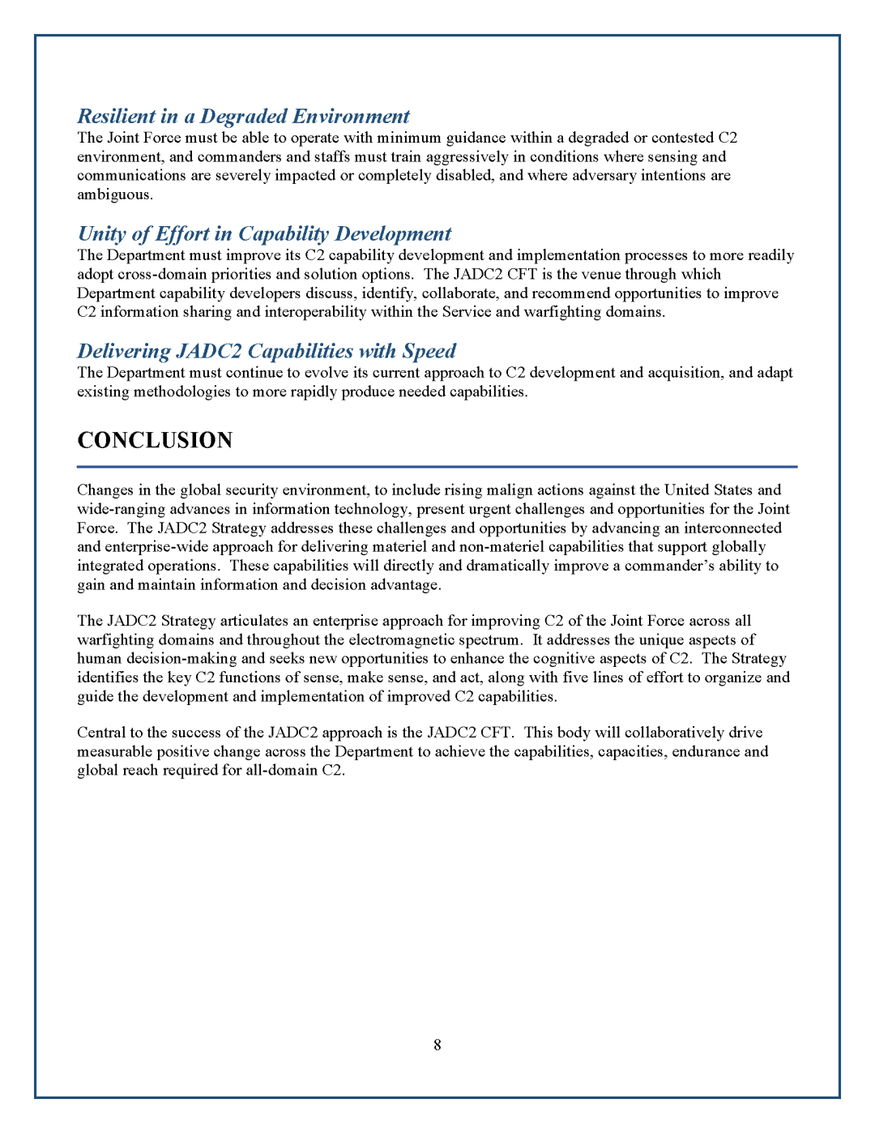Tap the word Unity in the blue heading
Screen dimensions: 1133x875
[x=101, y=234]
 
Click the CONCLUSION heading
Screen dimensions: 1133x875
[x=155, y=440]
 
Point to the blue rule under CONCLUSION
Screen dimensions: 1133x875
[x=437, y=467]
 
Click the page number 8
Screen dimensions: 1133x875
[x=437, y=1045]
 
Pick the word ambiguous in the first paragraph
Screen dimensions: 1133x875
[x=114, y=195]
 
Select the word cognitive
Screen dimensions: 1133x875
[x=547, y=659]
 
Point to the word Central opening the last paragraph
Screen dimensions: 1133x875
[x=101, y=733]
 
